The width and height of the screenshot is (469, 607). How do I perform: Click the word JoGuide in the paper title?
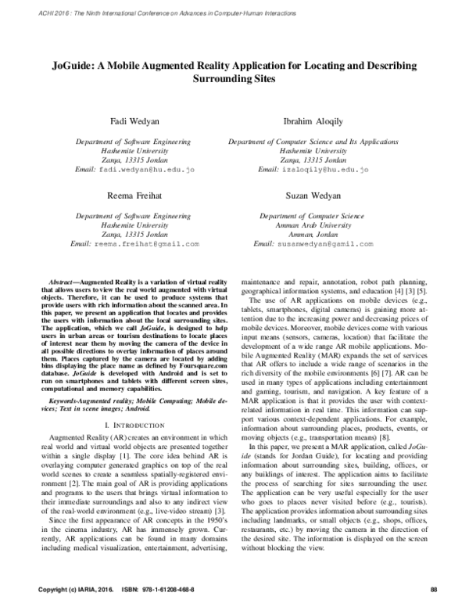[x=73, y=66]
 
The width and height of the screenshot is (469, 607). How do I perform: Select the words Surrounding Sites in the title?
[x=234, y=80]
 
